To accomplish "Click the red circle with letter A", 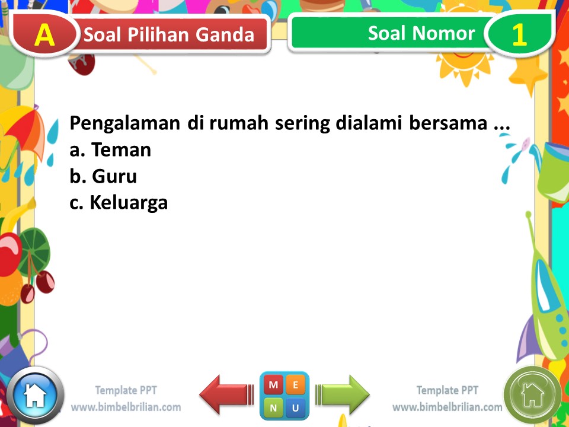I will [x=44, y=35].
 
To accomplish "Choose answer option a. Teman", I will [x=110, y=150].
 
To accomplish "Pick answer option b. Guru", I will [x=103, y=176].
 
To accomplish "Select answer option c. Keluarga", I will [x=119, y=203].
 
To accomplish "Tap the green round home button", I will [x=532, y=394].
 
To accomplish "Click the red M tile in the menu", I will [x=273, y=385].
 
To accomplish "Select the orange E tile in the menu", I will [x=295, y=385].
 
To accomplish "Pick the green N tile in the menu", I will [x=273, y=407].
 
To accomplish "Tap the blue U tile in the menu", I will [x=295, y=407].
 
